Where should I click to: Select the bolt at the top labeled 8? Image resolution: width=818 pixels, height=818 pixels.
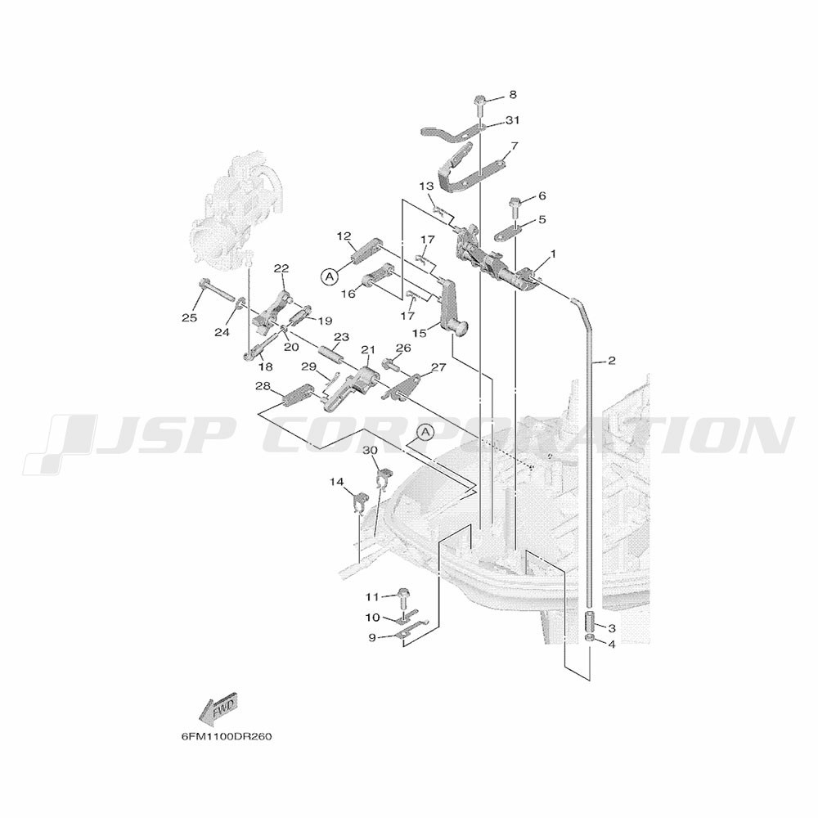pos(480,105)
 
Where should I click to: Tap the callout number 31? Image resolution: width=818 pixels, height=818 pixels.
pos(512,120)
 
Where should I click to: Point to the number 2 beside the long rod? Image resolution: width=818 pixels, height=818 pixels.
pos(612,361)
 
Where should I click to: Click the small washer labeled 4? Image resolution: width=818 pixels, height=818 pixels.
pos(589,639)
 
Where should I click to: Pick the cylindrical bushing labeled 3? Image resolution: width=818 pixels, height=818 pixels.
pos(589,621)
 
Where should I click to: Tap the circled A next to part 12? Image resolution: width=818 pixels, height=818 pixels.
pos(329,276)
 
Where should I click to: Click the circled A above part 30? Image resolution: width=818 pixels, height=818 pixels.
pos(425,431)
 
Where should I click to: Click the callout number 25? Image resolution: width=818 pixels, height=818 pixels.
pos(190,317)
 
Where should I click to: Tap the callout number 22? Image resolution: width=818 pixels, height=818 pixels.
pos(281,268)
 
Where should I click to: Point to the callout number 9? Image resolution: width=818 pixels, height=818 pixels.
pos(371,637)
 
